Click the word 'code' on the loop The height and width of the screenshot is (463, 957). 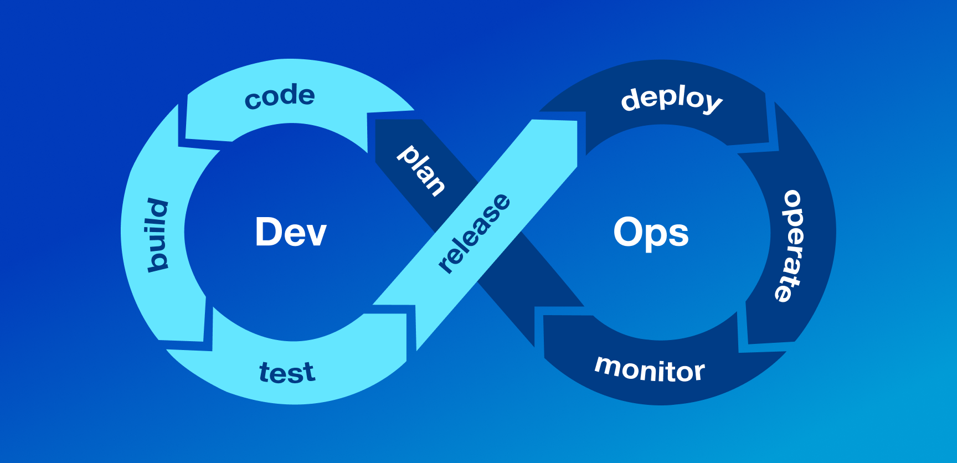pos(280,97)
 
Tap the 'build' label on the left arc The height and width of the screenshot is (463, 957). pos(158,235)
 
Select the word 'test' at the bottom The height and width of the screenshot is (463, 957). pos(287,373)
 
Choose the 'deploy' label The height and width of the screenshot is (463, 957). pos(671,100)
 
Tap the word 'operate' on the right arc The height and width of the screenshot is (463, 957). pos(791,246)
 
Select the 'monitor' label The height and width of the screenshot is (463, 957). pos(649,370)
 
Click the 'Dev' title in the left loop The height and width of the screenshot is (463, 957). pos(291,232)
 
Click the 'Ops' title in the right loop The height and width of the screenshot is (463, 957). pos(651,233)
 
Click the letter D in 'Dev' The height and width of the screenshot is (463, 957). pos(268,232)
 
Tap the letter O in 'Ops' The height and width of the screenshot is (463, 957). pos(627,232)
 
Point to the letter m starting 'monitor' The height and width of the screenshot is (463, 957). pos(608,366)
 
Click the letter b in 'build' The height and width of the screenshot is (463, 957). pos(157,261)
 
